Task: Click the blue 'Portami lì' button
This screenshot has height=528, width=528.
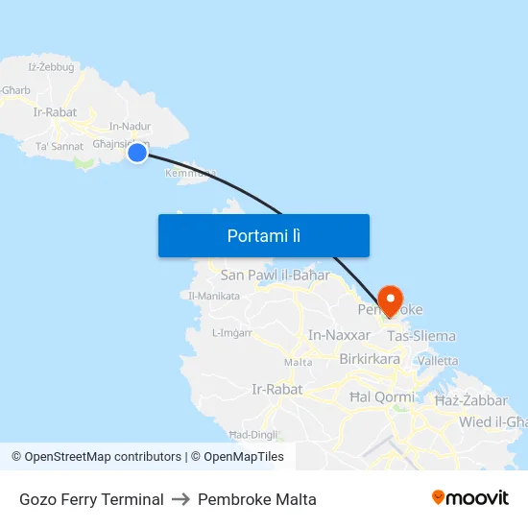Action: (264, 235)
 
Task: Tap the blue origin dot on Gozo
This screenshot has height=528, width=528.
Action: (137, 153)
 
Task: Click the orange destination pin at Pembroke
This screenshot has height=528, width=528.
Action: (391, 300)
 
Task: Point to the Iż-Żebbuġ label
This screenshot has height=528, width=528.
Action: (52, 66)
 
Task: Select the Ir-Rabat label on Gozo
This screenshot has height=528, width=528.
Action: (55, 112)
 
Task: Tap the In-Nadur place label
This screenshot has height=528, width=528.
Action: (131, 126)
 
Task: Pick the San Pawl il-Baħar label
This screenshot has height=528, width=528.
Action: (275, 276)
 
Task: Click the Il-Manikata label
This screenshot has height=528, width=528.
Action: (215, 296)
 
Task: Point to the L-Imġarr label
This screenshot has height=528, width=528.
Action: (231, 333)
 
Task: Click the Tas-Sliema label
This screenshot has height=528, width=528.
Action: (421, 336)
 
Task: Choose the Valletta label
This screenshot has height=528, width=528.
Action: (439, 361)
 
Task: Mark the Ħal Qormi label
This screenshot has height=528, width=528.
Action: (382, 396)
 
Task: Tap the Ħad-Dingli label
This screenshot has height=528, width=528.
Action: (252, 435)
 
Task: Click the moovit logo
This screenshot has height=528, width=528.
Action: (470, 497)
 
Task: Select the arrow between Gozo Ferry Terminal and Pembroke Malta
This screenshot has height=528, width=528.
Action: (180, 499)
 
